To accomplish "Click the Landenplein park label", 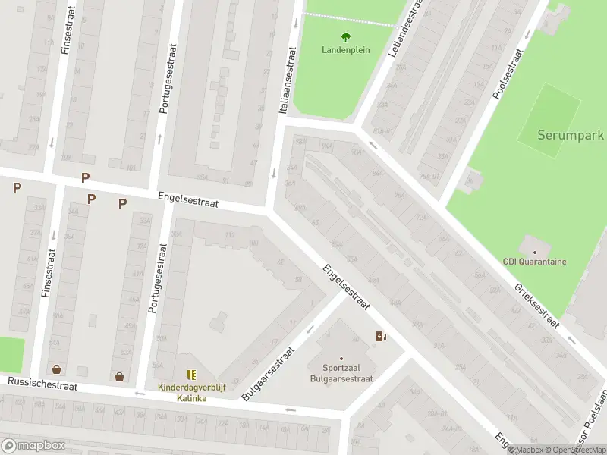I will point(346,50).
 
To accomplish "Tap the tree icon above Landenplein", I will point(346,36).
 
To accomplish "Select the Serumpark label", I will point(571,135).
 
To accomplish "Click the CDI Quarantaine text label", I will point(535,262).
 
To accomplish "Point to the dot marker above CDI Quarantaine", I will point(535,251).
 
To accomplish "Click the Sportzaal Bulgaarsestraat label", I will point(341,373).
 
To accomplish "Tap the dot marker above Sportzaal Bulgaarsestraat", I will point(341,359).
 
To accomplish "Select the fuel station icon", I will point(380,336).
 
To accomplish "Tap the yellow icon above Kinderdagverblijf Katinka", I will point(191,375).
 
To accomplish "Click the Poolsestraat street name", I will point(508,74).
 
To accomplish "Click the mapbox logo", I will point(33,445).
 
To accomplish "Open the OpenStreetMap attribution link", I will point(575,450).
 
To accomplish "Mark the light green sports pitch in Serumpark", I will point(550,116).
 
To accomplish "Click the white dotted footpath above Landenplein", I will point(349,18).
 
